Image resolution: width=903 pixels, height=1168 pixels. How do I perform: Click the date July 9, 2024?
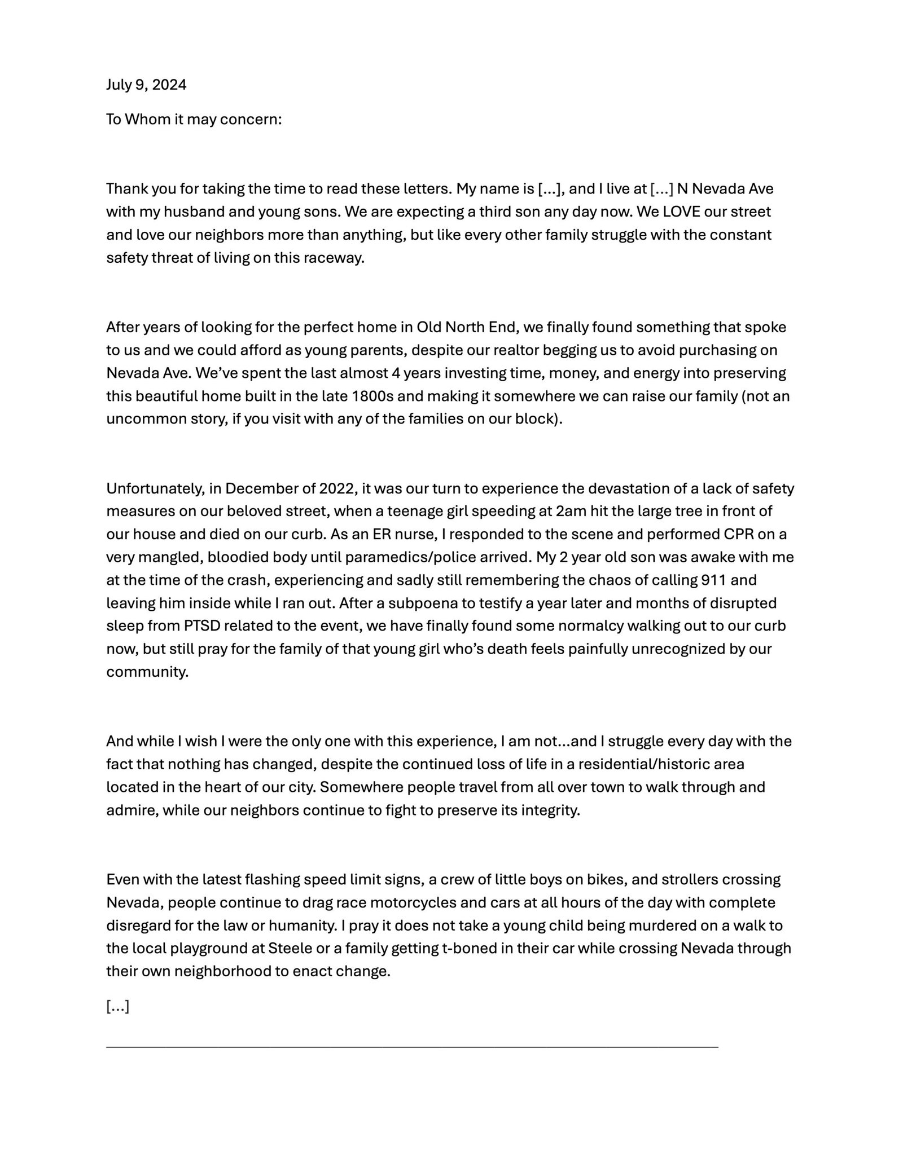[x=146, y=85]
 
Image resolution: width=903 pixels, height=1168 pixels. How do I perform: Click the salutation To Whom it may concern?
[x=194, y=120]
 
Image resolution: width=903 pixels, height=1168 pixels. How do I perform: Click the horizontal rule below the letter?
[x=412, y=1047]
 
